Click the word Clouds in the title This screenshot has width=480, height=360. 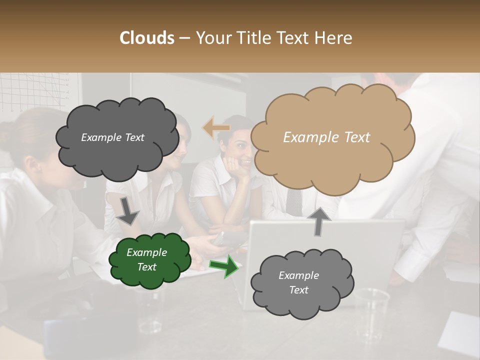pos(147,38)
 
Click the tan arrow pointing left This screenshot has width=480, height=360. pos(215,128)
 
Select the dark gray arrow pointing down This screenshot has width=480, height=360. pos(127,210)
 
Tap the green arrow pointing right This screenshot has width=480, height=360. pos(224,266)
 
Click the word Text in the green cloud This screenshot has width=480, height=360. pos(147,267)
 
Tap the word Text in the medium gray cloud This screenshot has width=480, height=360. pos(298,290)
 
